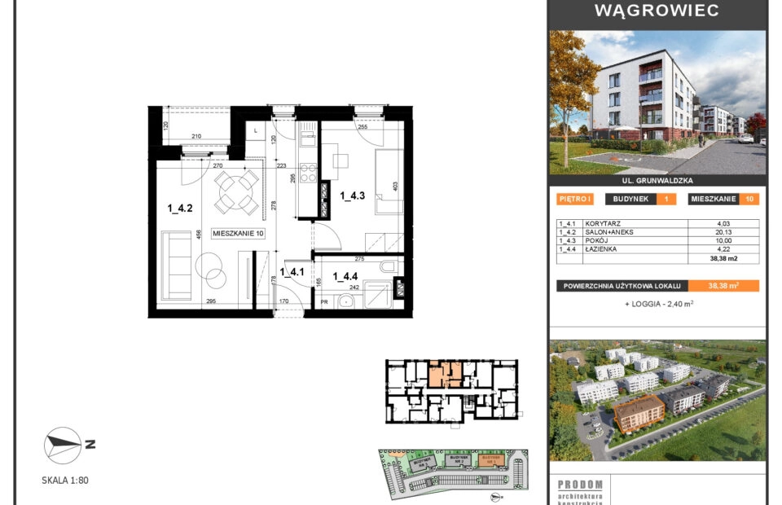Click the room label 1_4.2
click(x=179, y=209)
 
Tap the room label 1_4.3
click(x=352, y=195)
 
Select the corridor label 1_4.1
click(x=292, y=272)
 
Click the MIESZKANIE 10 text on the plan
click(x=239, y=234)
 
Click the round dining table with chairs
click(x=235, y=194)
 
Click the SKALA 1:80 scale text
click(x=65, y=481)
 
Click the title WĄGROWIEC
click(x=657, y=11)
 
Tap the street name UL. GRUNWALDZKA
click(x=657, y=181)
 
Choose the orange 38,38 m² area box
click(x=723, y=286)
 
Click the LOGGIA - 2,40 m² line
click(x=658, y=304)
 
